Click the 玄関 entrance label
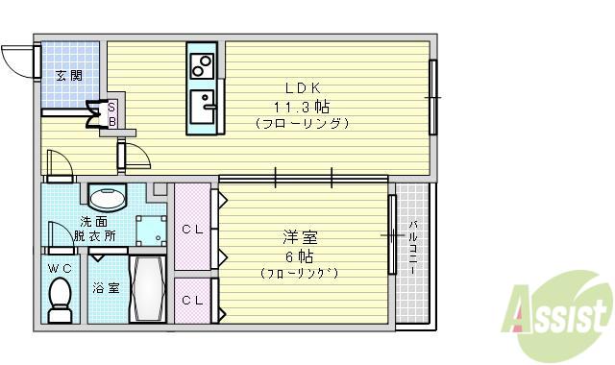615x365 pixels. (69, 75)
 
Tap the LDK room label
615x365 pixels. (303, 88)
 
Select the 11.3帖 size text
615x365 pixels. (301, 107)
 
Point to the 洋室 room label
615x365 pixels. (300, 237)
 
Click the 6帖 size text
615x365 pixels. (299, 256)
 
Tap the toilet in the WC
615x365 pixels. (61, 300)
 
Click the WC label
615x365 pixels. (60, 269)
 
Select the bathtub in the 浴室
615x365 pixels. (148, 289)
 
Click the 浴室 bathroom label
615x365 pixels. (106, 288)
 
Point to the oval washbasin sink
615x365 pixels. (107, 198)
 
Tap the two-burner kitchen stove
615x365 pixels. (202, 65)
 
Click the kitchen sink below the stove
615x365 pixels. (203, 107)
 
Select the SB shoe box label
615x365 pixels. (111, 114)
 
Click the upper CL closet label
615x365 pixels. (192, 231)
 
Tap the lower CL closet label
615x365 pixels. (192, 301)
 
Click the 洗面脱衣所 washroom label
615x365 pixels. (94, 230)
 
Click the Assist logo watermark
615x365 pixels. (557, 315)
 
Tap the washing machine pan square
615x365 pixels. (152, 231)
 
